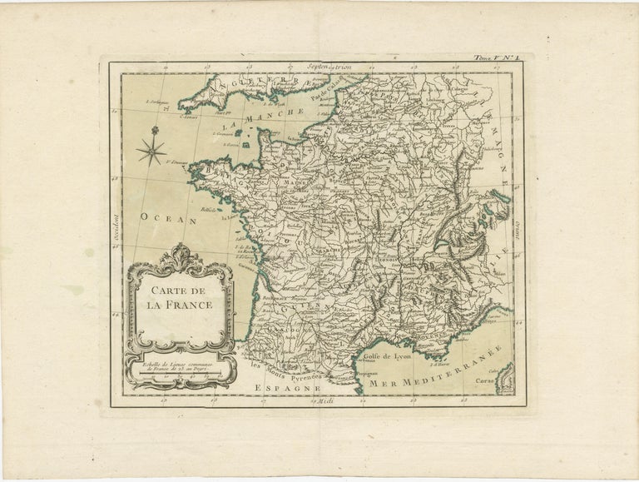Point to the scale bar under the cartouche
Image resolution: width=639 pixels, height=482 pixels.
pyautogui.click(x=178, y=376)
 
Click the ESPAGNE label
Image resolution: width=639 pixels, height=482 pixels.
pyautogui.click(x=277, y=389)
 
